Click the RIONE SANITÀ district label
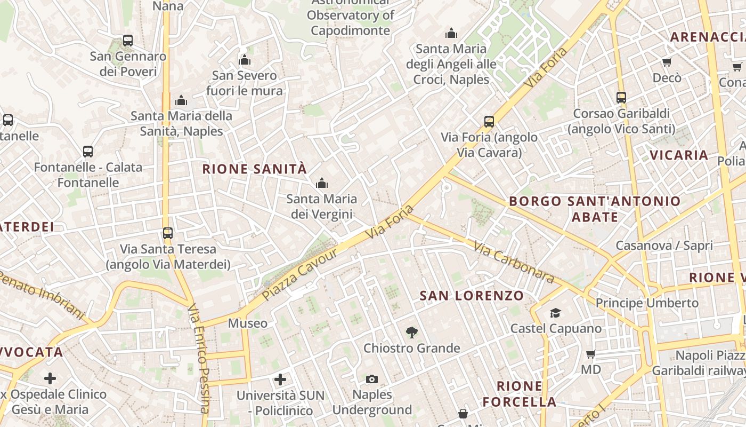(255, 169)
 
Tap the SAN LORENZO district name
(472, 296)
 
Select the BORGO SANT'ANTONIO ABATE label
(595, 209)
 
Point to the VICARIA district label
(679, 155)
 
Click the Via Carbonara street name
(513, 263)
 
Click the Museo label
(248, 323)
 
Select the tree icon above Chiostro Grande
(411, 333)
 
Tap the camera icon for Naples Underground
(372, 379)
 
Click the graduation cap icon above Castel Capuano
(556, 313)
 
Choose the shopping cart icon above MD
(590, 354)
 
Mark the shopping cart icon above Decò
(667, 62)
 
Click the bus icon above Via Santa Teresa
(168, 233)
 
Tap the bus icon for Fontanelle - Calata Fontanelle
(88, 152)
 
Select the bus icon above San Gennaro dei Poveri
(128, 41)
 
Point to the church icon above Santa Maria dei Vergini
(321, 184)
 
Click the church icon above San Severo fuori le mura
(245, 60)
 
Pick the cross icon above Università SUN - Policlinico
(280, 379)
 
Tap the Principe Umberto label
(647, 303)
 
